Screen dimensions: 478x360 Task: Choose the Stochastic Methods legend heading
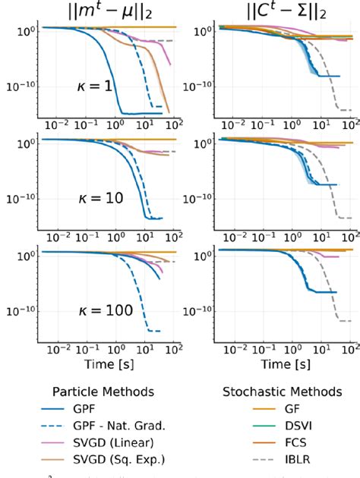(x=281, y=392)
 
